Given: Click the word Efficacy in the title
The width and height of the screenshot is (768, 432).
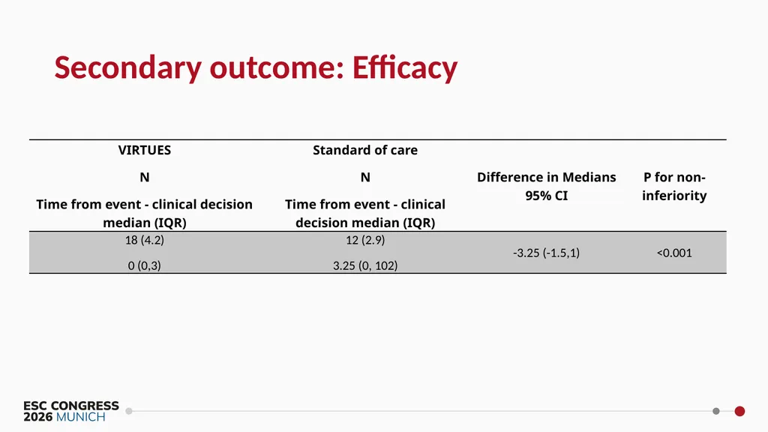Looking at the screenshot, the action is [x=404, y=68].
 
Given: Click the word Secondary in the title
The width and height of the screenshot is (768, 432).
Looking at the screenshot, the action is [x=127, y=68].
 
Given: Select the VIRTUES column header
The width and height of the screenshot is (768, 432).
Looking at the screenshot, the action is [x=145, y=150].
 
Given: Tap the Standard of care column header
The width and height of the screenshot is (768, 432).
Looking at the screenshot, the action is [x=365, y=150].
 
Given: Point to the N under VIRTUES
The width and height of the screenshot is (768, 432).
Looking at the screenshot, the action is [x=145, y=177].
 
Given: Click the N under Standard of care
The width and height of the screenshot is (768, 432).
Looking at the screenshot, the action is [x=365, y=177].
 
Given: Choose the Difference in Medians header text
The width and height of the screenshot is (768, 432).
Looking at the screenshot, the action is [x=547, y=177].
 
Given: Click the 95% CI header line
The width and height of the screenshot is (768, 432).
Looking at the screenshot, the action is [x=547, y=196].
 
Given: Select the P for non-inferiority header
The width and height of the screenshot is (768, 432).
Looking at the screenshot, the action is [x=674, y=186].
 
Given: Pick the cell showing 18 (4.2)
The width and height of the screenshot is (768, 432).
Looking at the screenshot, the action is [x=145, y=240].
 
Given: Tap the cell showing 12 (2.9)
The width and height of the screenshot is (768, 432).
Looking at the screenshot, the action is [x=365, y=240].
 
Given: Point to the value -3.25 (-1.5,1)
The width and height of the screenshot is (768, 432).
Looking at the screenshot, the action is [x=547, y=253].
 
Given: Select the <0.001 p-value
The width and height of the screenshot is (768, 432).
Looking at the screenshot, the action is [x=674, y=253].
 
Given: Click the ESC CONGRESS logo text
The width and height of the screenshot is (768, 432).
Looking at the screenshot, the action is [x=71, y=406].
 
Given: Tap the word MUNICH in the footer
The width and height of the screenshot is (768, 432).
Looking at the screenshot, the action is [x=81, y=417].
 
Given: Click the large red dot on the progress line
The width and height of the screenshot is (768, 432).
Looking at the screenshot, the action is [x=739, y=412].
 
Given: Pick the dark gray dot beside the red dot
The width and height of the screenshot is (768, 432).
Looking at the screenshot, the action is [x=716, y=412].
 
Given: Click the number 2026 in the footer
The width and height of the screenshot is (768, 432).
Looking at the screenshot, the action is [x=38, y=417].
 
